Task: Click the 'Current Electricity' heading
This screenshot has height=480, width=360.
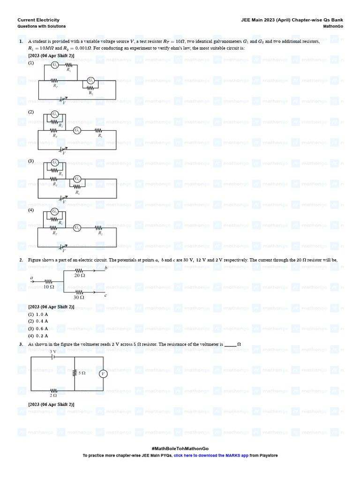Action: [x=38, y=20]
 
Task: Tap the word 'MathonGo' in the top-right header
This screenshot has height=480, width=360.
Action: [x=333, y=26]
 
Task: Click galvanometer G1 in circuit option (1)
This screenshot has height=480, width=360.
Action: [x=55, y=65]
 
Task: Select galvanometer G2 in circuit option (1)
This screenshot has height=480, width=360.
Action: [x=91, y=81]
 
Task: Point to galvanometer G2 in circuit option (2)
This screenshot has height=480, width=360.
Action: [x=77, y=130]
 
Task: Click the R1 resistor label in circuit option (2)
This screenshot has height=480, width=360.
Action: [x=100, y=135]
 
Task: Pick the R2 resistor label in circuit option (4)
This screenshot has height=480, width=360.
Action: [x=100, y=232]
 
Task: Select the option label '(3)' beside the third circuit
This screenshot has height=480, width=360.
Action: [x=31, y=161]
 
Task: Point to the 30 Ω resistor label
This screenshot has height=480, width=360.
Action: [x=79, y=297]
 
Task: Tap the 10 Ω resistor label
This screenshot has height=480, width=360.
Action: [x=49, y=286]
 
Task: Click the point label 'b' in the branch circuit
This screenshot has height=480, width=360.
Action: [x=106, y=268]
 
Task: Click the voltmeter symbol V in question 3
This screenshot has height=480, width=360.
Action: [x=103, y=374]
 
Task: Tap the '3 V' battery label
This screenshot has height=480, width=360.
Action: [x=53, y=352]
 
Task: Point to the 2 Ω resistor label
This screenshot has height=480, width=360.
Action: [x=53, y=396]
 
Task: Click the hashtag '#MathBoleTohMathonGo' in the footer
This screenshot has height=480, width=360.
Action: [x=180, y=449]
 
